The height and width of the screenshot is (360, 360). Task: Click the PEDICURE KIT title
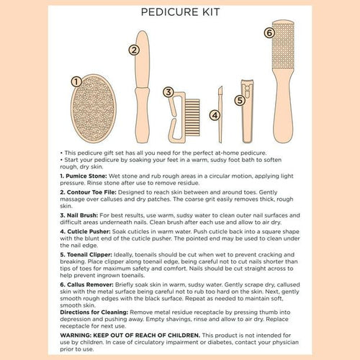[180, 12]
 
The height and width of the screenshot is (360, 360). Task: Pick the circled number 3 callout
[168, 92]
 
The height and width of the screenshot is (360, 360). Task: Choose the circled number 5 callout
[240, 102]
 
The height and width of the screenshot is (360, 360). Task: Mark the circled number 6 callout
[269, 32]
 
